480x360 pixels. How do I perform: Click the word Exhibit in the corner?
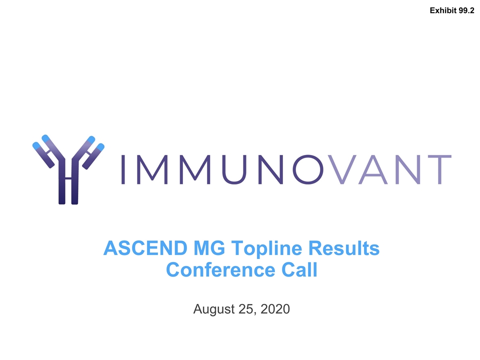pyautogui.click(x=443, y=10)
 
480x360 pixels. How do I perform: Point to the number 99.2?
pyautogui.click(x=466, y=10)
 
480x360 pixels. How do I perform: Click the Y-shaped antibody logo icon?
pyautogui.click(x=68, y=169)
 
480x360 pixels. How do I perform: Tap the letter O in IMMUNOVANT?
pyautogui.click(x=308, y=169)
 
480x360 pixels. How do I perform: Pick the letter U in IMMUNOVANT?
pyautogui.click(x=234, y=169)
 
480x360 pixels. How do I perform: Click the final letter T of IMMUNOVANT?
pyautogui.click(x=439, y=169)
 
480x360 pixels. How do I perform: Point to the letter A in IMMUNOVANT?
pyautogui.click(x=373, y=169)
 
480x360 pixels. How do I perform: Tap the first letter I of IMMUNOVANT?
pyautogui.click(x=123, y=169)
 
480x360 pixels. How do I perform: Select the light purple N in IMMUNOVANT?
pyautogui.click(x=408, y=169)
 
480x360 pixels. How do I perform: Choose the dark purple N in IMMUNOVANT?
pyautogui.click(x=271, y=169)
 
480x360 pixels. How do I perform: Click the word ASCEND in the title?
pyautogui.click(x=145, y=248)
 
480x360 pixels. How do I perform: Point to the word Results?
pyautogui.click(x=344, y=248)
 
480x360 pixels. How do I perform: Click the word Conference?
pyautogui.click(x=220, y=269)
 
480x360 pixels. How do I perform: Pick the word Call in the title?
pyautogui.click(x=299, y=269)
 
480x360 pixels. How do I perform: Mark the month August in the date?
pyautogui.click(x=214, y=309)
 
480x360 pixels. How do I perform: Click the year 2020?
pyautogui.click(x=275, y=309)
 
